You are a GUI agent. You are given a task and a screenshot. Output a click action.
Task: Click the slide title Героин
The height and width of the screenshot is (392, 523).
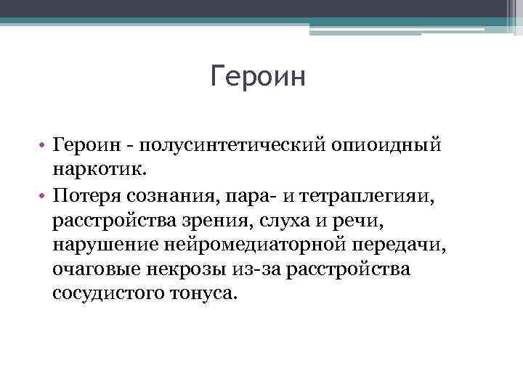tap(259, 76)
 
